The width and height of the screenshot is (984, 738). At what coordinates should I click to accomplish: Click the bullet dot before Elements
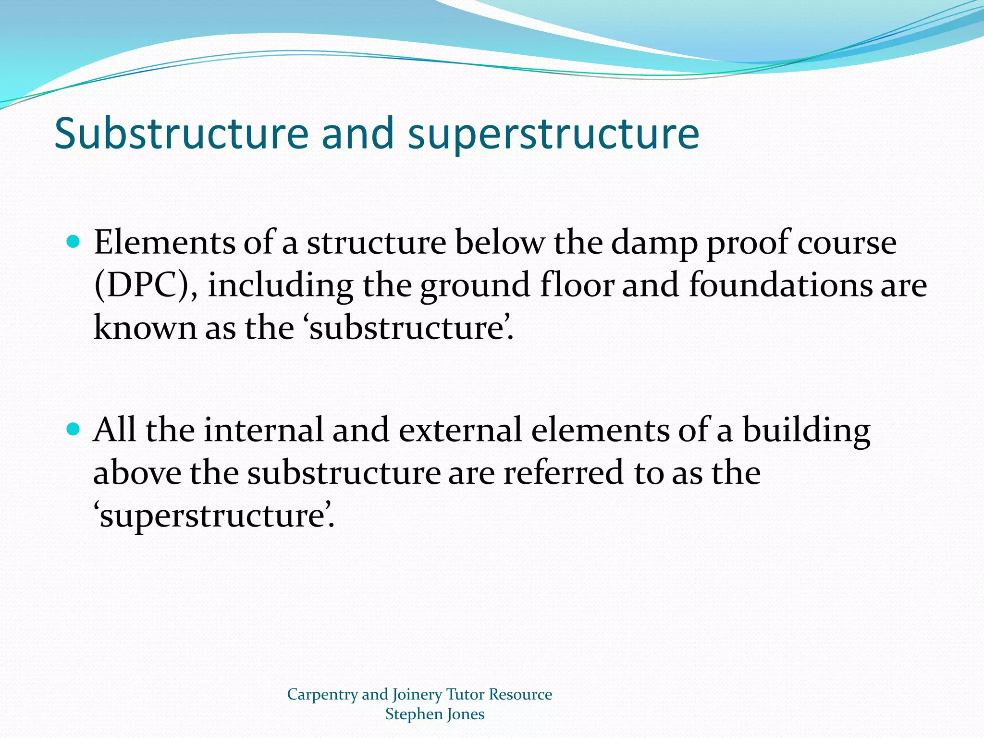(x=73, y=241)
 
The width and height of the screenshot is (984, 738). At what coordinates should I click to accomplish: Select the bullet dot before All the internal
(x=73, y=429)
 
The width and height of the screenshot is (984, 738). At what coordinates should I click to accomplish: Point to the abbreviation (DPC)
(x=146, y=285)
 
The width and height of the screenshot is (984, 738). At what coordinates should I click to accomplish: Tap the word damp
(x=654, y=243)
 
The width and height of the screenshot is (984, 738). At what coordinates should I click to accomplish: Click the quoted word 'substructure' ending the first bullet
(x=408, y=328)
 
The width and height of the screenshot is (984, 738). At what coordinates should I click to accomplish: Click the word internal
(x=263, y=430)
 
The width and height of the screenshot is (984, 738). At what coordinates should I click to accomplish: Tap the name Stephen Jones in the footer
(x=434, y=714)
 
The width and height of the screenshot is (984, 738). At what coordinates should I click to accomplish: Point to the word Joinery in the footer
(x=417, y=695)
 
